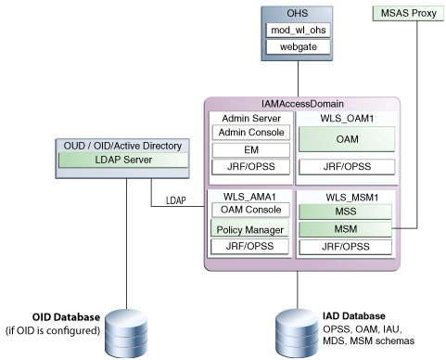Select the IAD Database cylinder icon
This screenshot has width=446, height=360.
pos(300,327)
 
